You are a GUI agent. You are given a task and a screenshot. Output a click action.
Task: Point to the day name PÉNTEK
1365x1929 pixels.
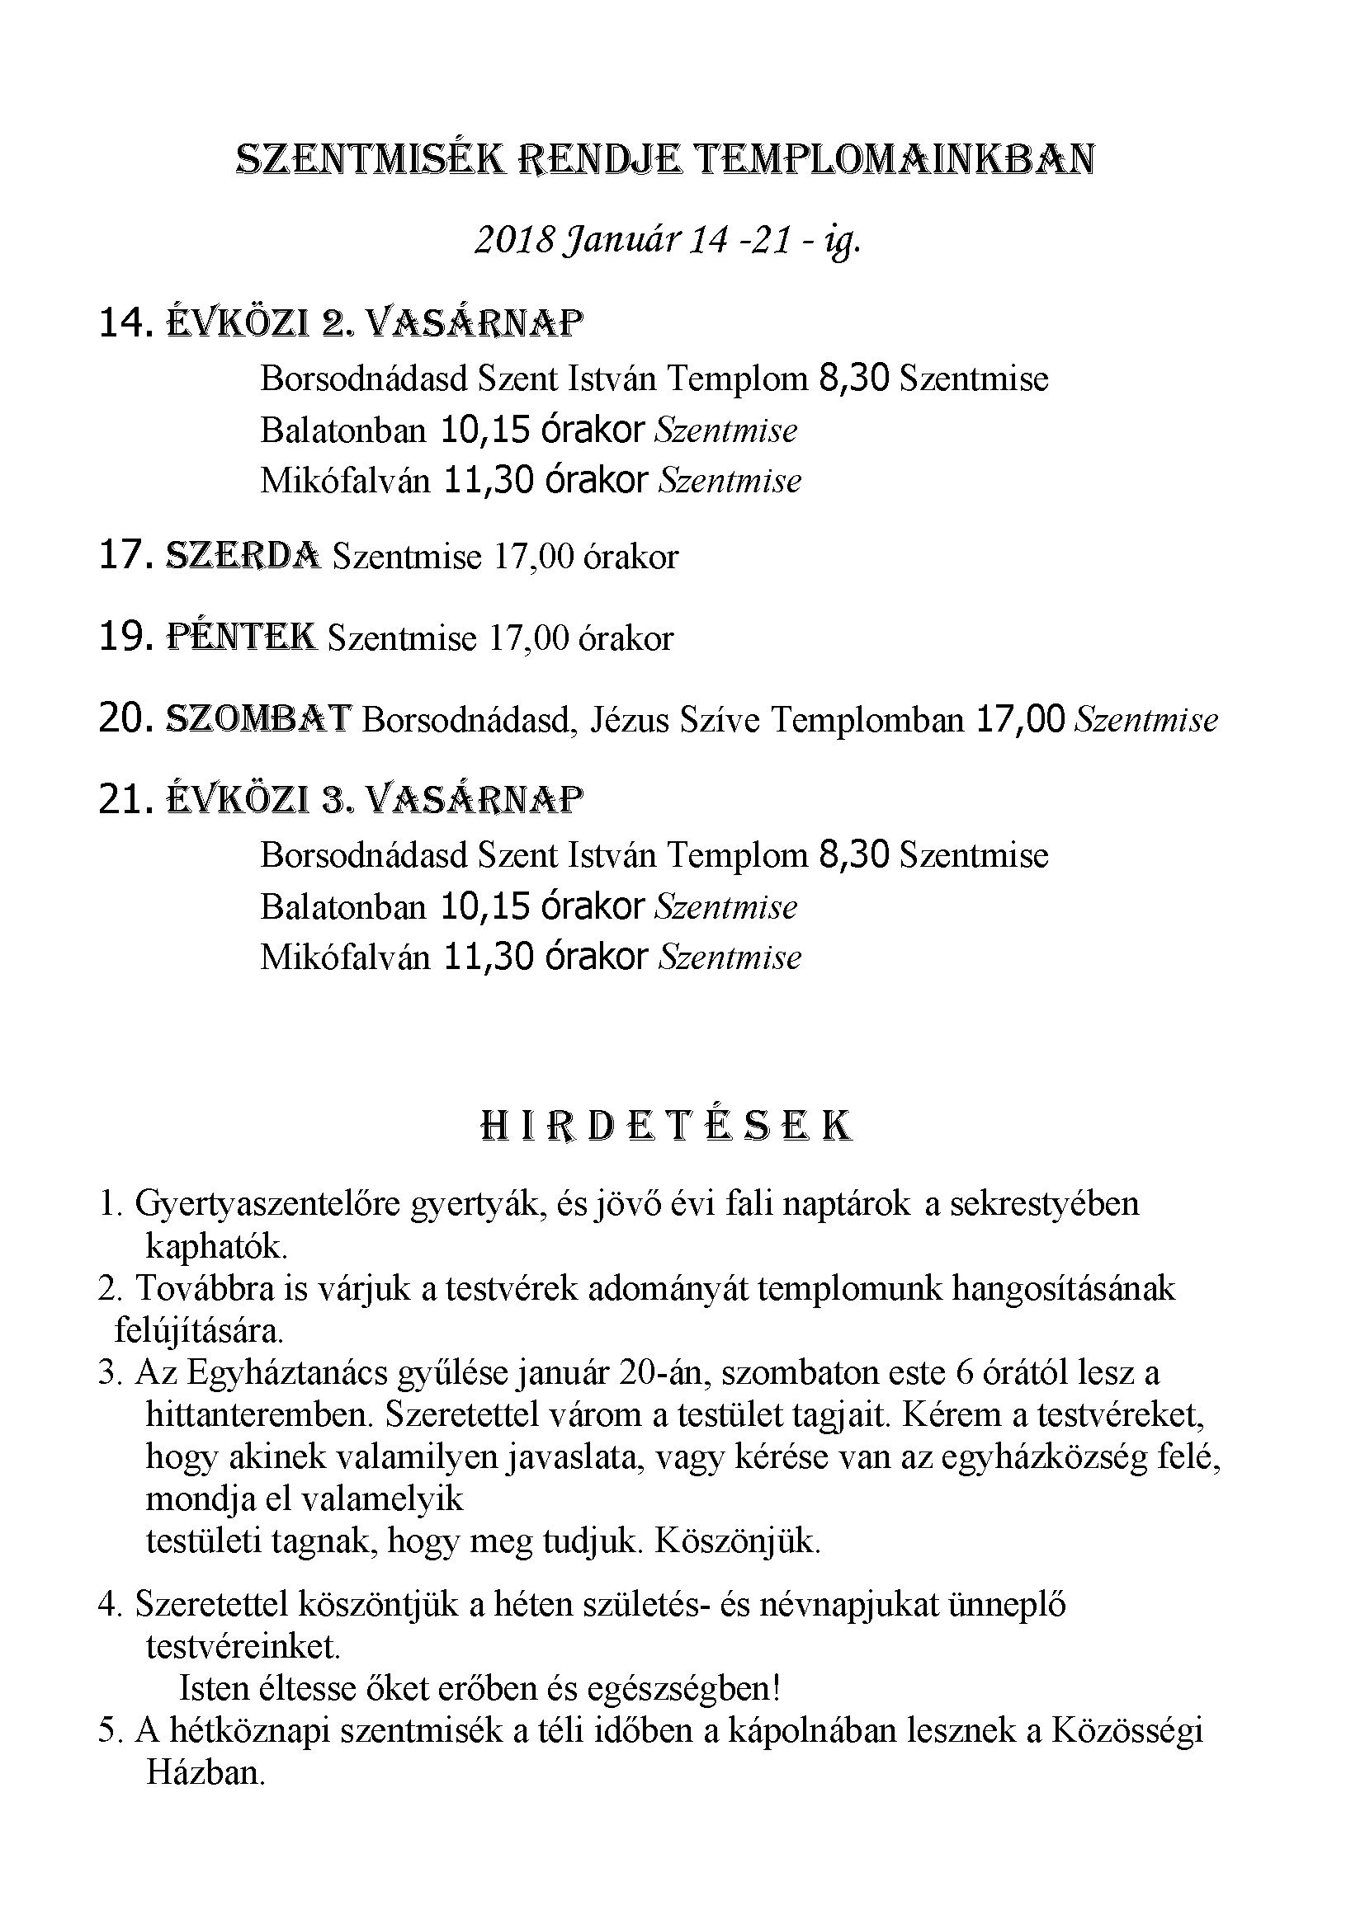point(242,638)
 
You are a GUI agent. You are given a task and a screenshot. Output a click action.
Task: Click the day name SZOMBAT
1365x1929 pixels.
point(258,719)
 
